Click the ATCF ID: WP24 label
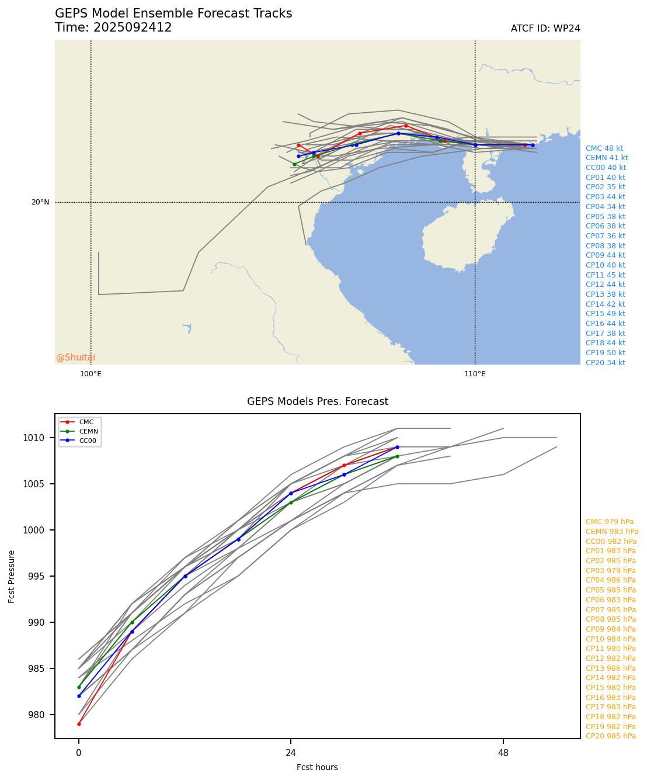(x=545, y=29)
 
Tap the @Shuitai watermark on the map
(x=75, y=358)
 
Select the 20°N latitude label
(x=40, y=202)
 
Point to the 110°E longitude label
(x=475, y=374)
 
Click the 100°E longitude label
(x=91, y=374)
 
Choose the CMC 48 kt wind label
(x=604, y=148)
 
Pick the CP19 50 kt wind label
(x=605, y=353)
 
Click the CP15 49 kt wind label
(x=605, y=314)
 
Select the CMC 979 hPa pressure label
(x=609, y=522)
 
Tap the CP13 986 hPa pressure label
(x=610, y=668)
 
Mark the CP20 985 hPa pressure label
(x=610, y=736)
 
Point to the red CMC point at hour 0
(x=79, y=724)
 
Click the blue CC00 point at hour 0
(x=79, y=696)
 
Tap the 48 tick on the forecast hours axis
(x=503, y=753)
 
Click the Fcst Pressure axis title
(x=12, y=576)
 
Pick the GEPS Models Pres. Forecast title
(x=317, y=401)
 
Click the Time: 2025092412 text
(x=113, y=28)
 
